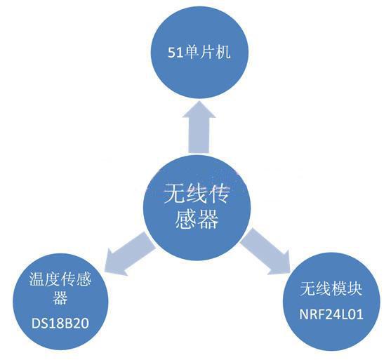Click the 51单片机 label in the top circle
point(199,53)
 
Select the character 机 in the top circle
point(223,53)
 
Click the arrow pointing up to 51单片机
point(199,127)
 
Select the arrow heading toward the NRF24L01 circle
point(266,251)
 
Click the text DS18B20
point(60,324)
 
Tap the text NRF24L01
point(331,314)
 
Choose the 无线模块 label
point(331,288)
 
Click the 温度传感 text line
point(60,279)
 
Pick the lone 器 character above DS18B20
point(60,298)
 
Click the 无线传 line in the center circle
point(197,194)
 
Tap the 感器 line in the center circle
point(197,219)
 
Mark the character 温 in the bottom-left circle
point(37,279)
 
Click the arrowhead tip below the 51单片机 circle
point(199,101)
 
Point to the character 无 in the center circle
point(175,194)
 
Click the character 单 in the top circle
point(192,53)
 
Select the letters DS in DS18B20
point(39,324)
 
